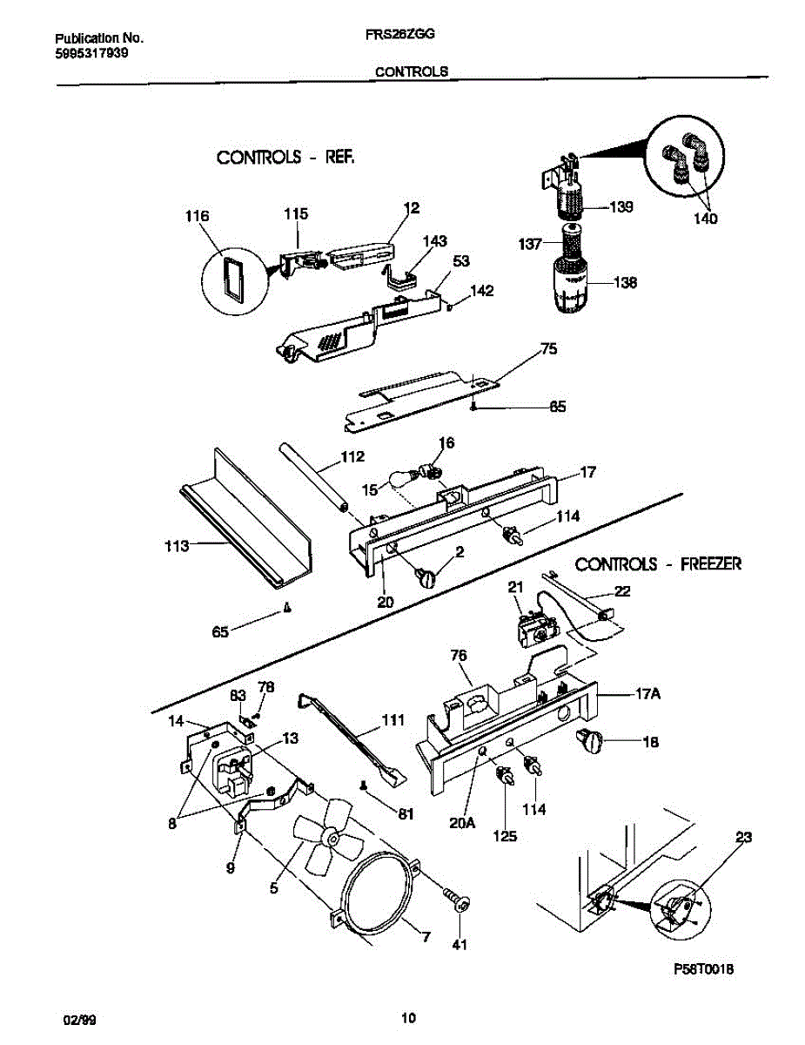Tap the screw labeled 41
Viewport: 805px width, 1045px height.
point(459,901)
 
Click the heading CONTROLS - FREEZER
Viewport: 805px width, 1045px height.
point(658,563)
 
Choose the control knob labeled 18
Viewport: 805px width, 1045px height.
point(591,742)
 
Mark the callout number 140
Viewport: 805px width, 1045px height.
point(705,219)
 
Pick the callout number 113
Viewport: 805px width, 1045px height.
point(176,547)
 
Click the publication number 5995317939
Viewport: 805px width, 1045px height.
point(91,53)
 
